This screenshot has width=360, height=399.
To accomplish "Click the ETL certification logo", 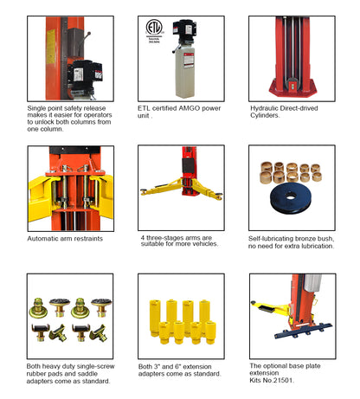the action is coord(154,28).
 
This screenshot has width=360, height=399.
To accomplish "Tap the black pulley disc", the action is coord(291,197).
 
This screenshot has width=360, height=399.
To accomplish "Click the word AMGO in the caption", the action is coord(190,108).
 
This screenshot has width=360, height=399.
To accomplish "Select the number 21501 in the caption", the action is coord(283,380).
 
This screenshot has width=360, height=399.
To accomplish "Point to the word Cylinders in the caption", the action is coord(265,115).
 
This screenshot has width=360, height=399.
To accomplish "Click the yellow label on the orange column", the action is coord(51,46).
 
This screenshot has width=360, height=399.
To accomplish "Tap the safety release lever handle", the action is coord(84,42).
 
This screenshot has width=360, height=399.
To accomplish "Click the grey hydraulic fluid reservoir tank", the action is coord(185,72).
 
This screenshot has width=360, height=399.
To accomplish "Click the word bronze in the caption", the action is coord(305,239).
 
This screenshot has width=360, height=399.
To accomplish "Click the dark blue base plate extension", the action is coord(304,331).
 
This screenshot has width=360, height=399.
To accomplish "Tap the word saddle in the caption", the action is coord(87,374).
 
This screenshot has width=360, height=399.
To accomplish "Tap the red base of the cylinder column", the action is coord(292,89).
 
